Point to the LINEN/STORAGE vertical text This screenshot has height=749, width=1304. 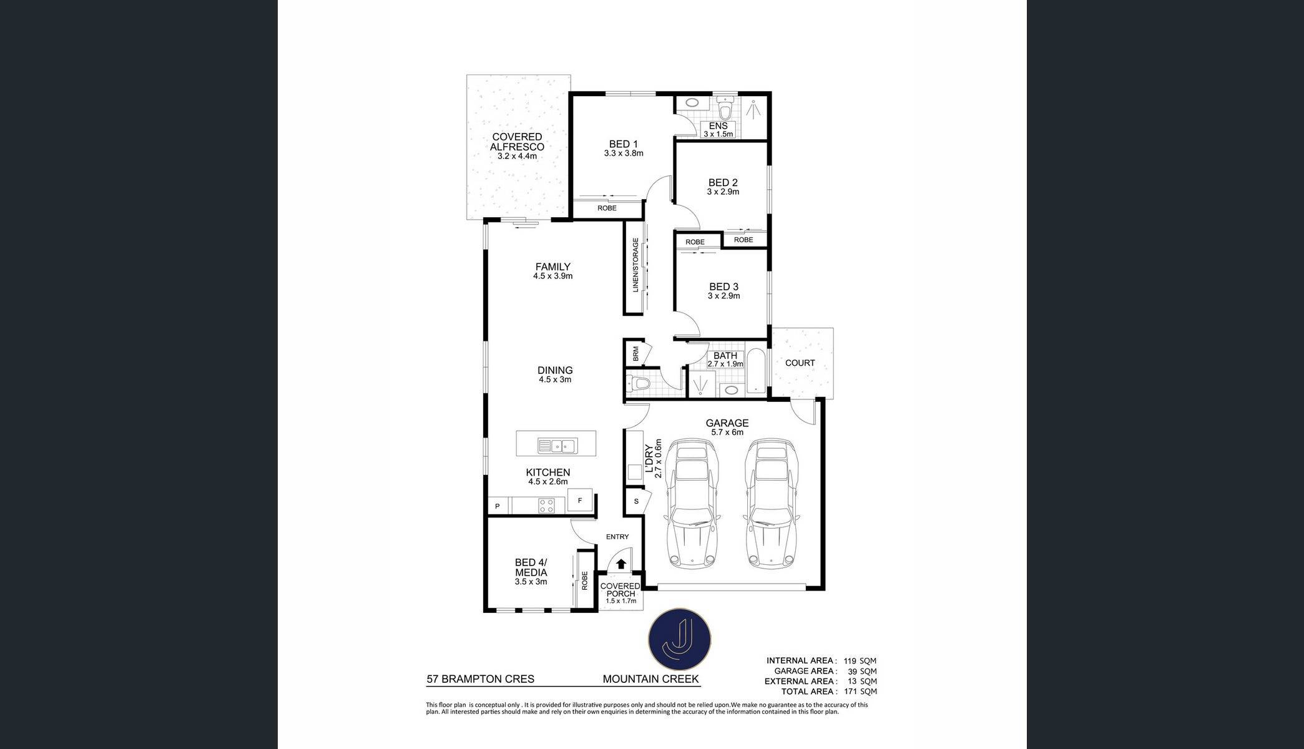(x=636, y=265)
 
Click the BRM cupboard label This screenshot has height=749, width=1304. (x=635, y=355)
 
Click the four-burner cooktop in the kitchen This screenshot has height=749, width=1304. (x=547, y=505)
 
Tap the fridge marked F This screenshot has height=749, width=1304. (x=580, y=501)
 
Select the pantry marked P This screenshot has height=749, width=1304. (x=498, y=506)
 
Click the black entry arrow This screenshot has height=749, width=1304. (x=621, y=564)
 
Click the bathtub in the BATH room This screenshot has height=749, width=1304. (x=756, y=370)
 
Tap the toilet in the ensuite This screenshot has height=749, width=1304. (x=725, y=109)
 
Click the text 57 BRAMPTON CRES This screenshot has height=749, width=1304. (x=481, y=679)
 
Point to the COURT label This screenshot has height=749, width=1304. (x=800, y=363)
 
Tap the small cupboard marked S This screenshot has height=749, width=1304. (x=636, y=501)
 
